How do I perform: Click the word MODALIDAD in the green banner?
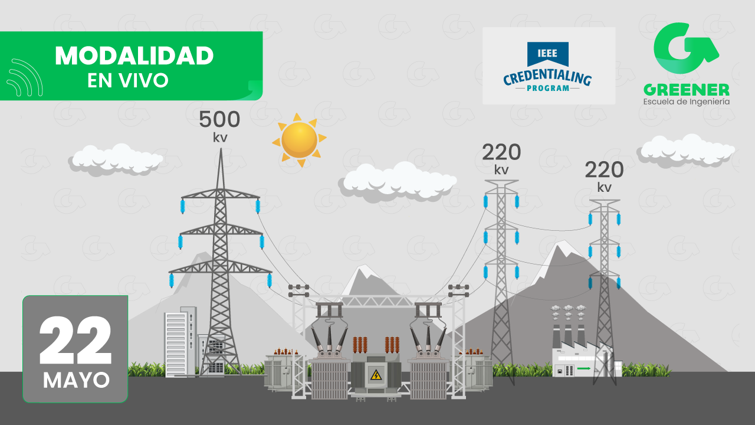click(134, 56)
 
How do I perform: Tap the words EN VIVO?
click(128, 80)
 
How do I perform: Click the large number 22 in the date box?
click(75, 341)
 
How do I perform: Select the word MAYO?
click(76, 380)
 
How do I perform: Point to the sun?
click(299, 140)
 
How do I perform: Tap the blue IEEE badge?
click(548, 54)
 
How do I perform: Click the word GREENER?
click(686, 90)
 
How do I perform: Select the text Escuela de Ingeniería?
click(686, 102)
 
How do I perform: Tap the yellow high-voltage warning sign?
click(375, 375)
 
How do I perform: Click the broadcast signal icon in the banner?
click(25, 77)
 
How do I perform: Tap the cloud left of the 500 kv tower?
click(116, 158)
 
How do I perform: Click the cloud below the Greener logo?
click(685, 149)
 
